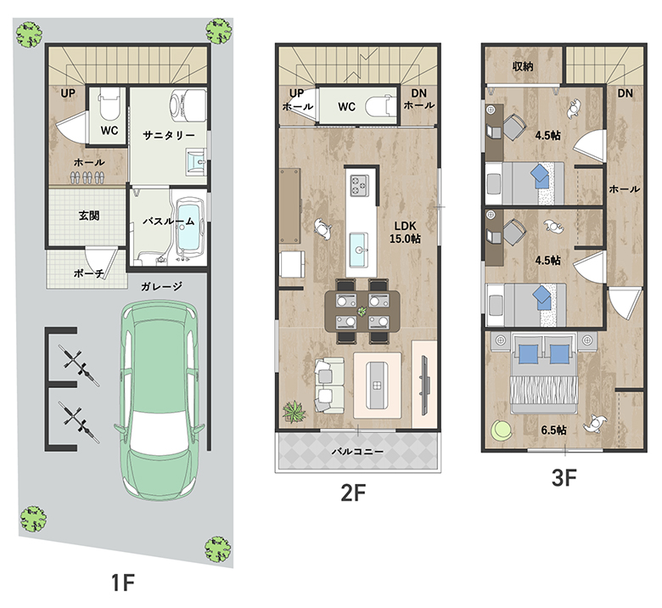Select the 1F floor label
click(x=122, y=583)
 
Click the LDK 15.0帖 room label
click(x=406, y=232)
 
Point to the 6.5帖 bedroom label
click(x=553, y=431)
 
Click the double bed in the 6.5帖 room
click(x=544, y=373)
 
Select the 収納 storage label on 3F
click(x=523, y=66)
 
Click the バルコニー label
click(x=357, y=451)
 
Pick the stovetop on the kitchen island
click(x=359, y=185)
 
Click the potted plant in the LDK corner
click(x=295, y=412)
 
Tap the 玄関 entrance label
click(x=89, y=216)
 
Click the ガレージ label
click(x=162, y=286)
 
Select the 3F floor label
click(x=564, y=478)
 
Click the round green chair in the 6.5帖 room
click(x=502, y=431)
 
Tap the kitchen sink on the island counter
click(x=359, y=250)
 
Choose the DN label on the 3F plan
click(x=625, y=93)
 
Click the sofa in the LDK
click(x=329, y=386)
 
